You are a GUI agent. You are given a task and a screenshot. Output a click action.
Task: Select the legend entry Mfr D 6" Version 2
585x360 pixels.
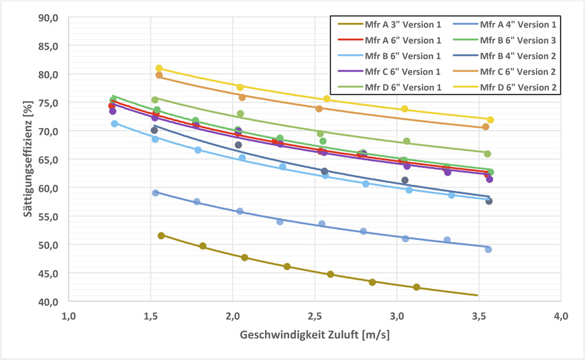(515, 87)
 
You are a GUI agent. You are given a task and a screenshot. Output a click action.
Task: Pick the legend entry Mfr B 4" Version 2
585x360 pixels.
(515, 56)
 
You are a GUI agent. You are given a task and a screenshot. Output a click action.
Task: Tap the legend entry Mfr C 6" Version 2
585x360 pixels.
(515, 72)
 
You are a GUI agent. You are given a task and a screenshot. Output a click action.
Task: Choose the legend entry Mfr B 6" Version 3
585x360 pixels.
(515, 40)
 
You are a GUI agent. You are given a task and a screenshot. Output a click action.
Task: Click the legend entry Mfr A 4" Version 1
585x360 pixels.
(515, 23)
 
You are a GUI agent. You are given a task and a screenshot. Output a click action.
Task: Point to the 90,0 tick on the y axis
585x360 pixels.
(48, 17)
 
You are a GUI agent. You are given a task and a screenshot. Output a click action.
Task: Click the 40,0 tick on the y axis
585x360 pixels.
(48, 302)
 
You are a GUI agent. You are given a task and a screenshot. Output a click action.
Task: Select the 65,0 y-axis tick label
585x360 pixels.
(48, 160)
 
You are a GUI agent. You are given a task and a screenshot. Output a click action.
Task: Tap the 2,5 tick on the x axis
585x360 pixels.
(396, 316)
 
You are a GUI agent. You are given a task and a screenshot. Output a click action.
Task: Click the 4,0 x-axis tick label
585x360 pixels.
(561, 316)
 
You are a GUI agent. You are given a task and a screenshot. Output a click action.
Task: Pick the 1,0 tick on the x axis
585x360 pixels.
(68, 316)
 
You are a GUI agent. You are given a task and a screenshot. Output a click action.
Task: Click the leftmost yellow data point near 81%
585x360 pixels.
(159, 68)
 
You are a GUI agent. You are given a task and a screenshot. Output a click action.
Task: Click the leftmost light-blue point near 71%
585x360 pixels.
(114, 123)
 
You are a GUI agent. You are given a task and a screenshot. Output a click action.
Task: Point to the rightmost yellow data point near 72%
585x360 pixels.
(490, 120)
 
